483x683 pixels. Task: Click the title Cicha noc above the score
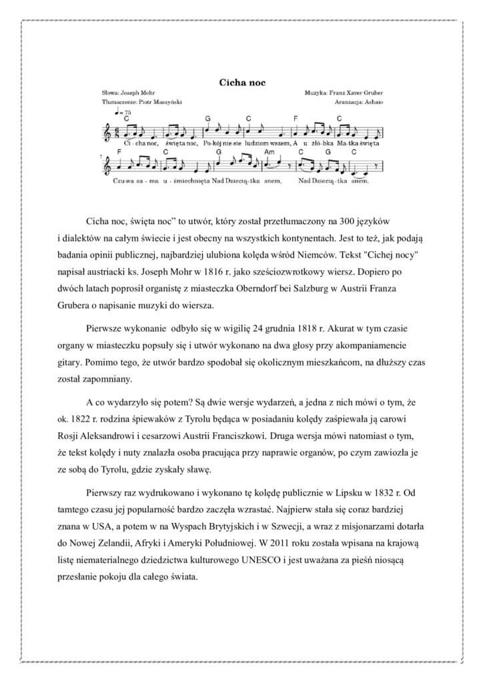tap(243, 82)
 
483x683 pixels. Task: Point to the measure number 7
tap(101, 157)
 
